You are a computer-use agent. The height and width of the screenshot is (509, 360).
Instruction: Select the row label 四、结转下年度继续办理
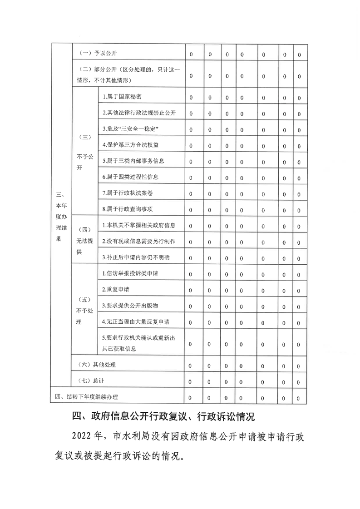pyautogui.click(x=86, y=397)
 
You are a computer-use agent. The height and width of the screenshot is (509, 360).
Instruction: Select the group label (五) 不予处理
pyautogui.click(x=84, y=311)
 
